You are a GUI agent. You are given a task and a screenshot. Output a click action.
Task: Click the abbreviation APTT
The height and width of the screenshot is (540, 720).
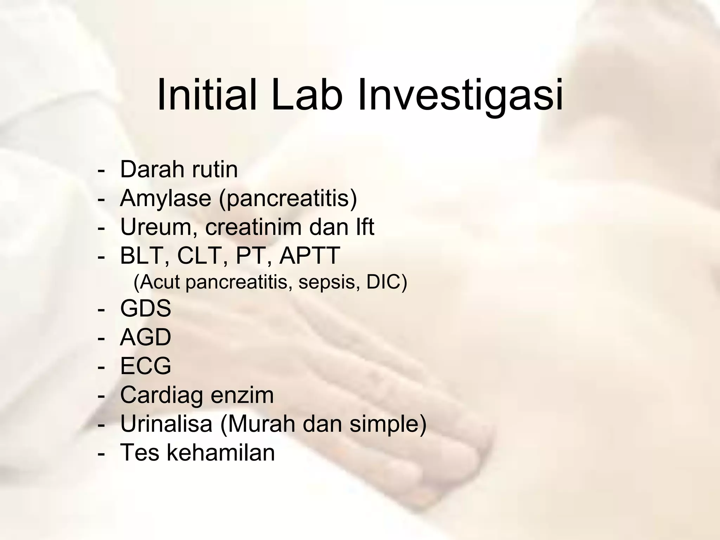(309, 256)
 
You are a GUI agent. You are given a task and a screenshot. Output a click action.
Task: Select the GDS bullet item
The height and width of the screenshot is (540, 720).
(146, 309)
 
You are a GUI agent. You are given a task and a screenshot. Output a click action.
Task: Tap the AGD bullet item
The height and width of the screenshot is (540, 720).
(146, 337)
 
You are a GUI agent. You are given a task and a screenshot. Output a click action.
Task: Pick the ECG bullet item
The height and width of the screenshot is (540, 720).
(146, 366)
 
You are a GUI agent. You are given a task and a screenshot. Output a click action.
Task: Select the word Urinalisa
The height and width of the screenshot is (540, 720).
(166, 424)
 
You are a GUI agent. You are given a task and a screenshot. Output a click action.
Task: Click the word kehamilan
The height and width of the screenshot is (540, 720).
(220, 452)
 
